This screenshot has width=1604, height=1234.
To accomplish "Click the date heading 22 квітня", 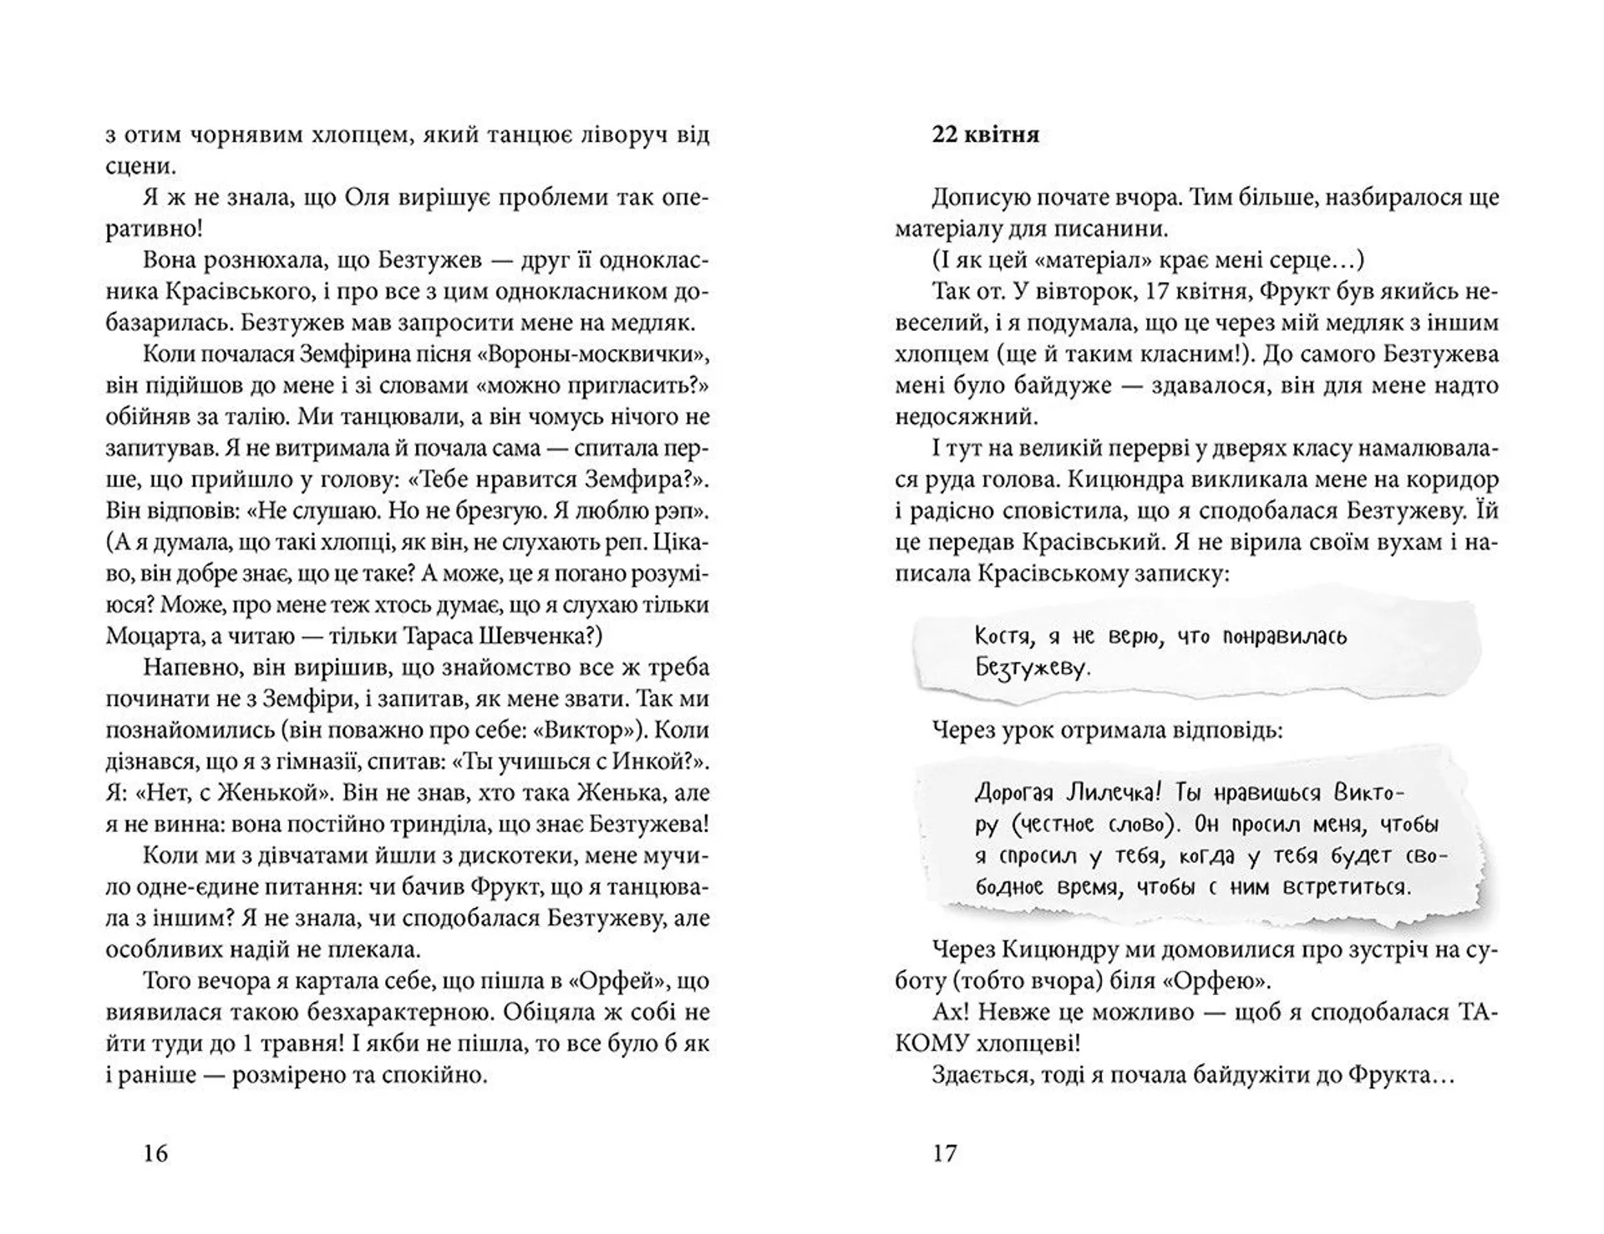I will [x=986, y=135].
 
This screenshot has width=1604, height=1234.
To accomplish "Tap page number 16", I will [x=155, y=1154].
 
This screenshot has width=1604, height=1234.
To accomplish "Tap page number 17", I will [x=944, y=1154].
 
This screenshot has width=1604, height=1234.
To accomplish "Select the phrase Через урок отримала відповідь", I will [x=1108, y=731].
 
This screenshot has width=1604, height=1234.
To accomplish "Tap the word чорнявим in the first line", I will [x=247, y=135].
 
